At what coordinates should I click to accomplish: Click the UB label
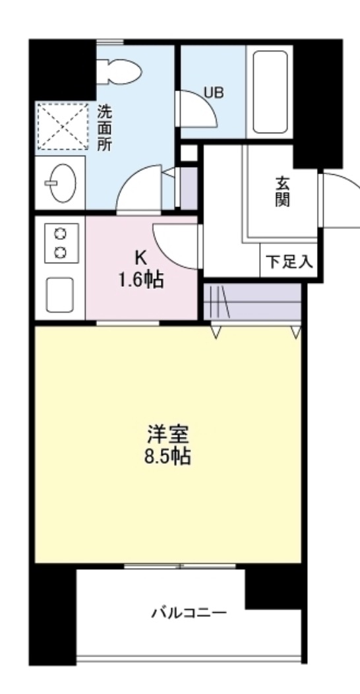213,93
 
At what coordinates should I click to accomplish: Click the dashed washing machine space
61,127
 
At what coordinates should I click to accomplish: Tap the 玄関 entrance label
282,191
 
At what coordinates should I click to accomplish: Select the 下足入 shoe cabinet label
289,261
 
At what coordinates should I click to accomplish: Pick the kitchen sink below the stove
60,293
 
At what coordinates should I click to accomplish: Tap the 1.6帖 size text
141,280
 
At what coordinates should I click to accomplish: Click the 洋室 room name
168,435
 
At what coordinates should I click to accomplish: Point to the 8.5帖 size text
168,457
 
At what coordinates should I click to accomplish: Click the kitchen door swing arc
177,245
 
